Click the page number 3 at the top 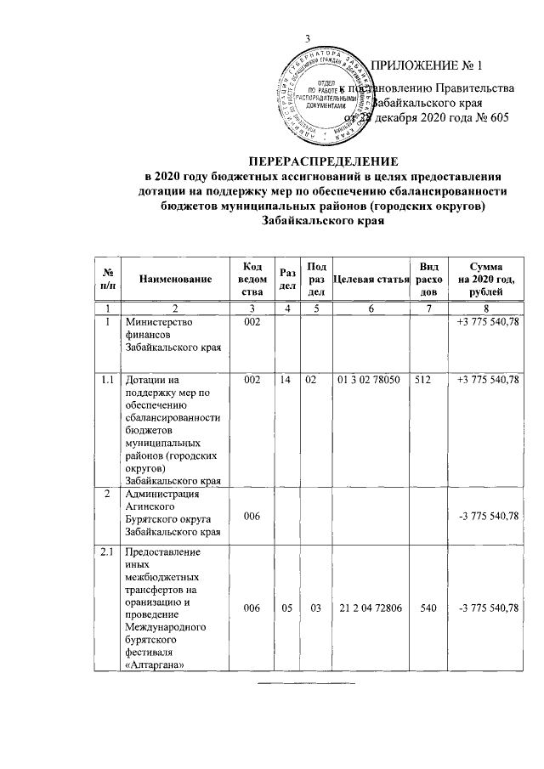point(309,37)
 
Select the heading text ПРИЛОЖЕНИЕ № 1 point(428,65)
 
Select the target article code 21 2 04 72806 point(371,607)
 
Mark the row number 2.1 point(107,553)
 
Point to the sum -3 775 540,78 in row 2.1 point(488,607)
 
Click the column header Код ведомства point(251,279)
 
